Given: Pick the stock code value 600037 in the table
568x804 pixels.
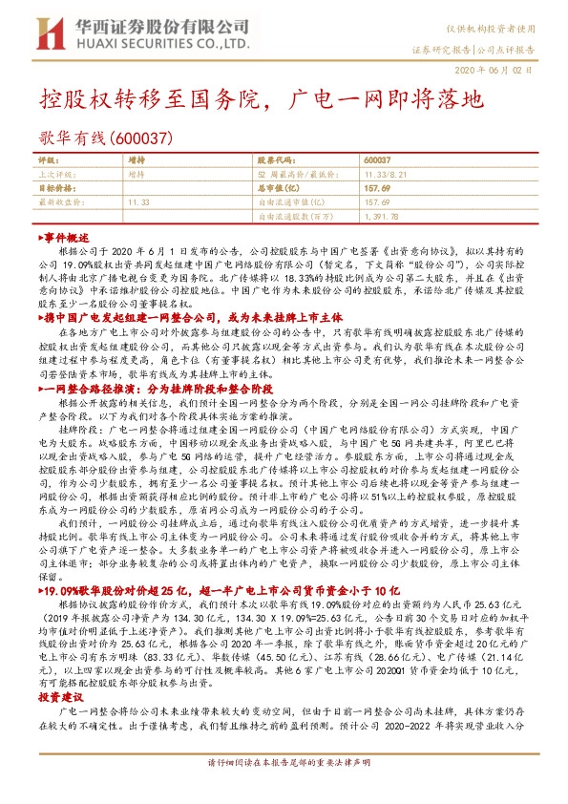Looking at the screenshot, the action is click(378, 161).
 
